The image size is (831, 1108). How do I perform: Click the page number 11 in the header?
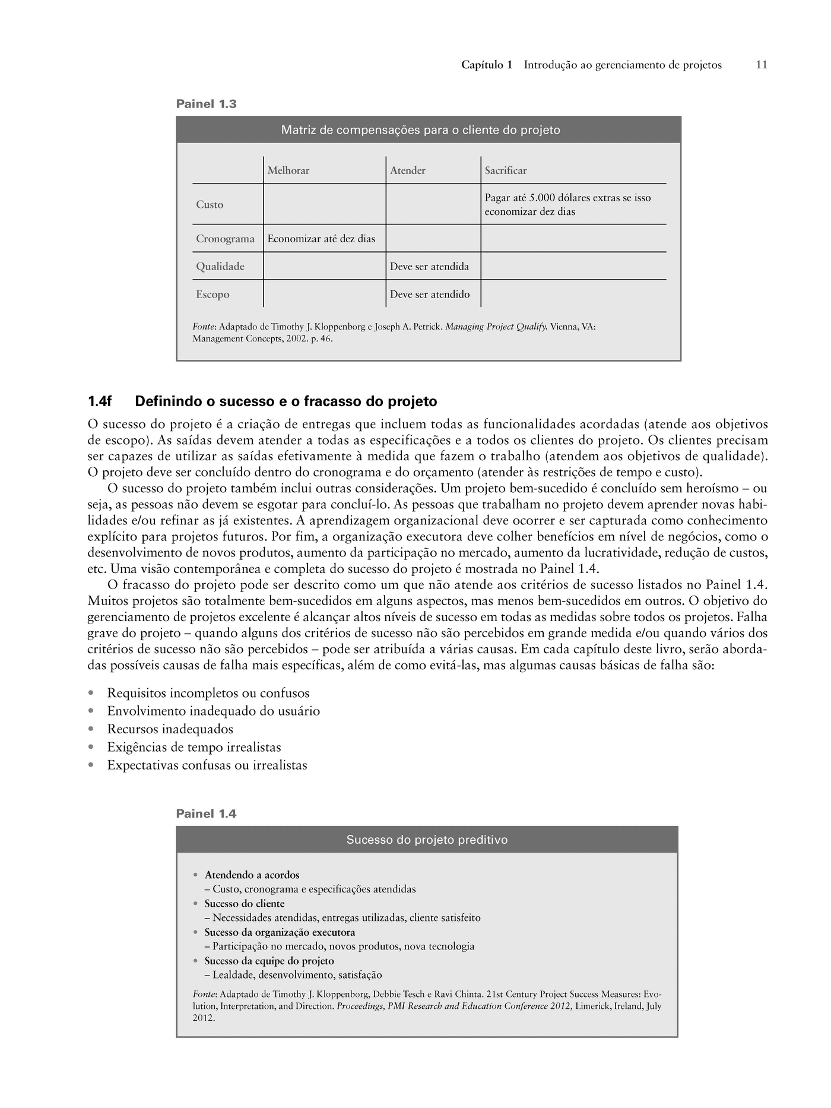click(x=762, y=65)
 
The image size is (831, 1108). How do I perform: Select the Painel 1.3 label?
click(x=206, y=104)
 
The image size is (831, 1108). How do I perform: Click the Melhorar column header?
click(x=288, y=170)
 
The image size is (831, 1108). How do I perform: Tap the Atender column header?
click(x=408, y=170)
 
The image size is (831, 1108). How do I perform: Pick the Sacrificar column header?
click(x=506, y=170)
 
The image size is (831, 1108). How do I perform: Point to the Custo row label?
click(x=210, y=204)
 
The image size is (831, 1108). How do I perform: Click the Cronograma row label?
click(x=226, y=239)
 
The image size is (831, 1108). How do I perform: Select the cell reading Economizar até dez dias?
click(x=321, y=239)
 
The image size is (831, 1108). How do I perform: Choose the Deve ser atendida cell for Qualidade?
click(x=429, y=267)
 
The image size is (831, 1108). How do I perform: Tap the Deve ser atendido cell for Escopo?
click(x=430, y=295)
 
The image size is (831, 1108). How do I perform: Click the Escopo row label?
click(x=212, y=295)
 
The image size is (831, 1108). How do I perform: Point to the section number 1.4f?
click(x=100, y=402)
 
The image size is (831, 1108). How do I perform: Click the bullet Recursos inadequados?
click(x=170, y=729)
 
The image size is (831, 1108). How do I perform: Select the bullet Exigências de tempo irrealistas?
click(x=194, y=747)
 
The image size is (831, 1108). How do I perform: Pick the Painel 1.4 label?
click(x=206, y=814)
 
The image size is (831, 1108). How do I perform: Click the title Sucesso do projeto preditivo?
click(x=427, y=840)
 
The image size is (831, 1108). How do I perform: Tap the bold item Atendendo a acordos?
click(x=252, y=875)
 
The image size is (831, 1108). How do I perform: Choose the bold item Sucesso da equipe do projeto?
click(x=269, y=961)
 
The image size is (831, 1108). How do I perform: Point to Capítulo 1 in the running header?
click(x=487, y=65)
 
